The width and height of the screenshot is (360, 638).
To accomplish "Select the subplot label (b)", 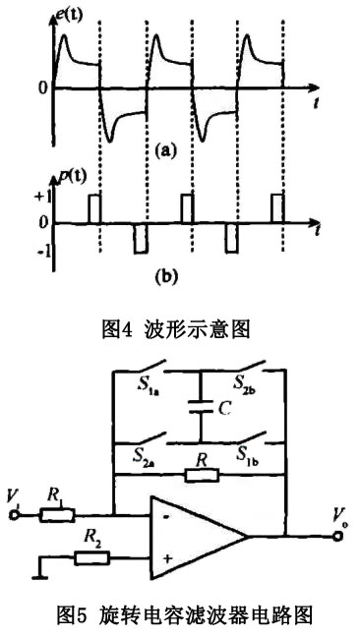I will [x=164, y=278].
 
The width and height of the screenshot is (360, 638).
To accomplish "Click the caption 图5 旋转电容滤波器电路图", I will [x=179, y=617].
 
